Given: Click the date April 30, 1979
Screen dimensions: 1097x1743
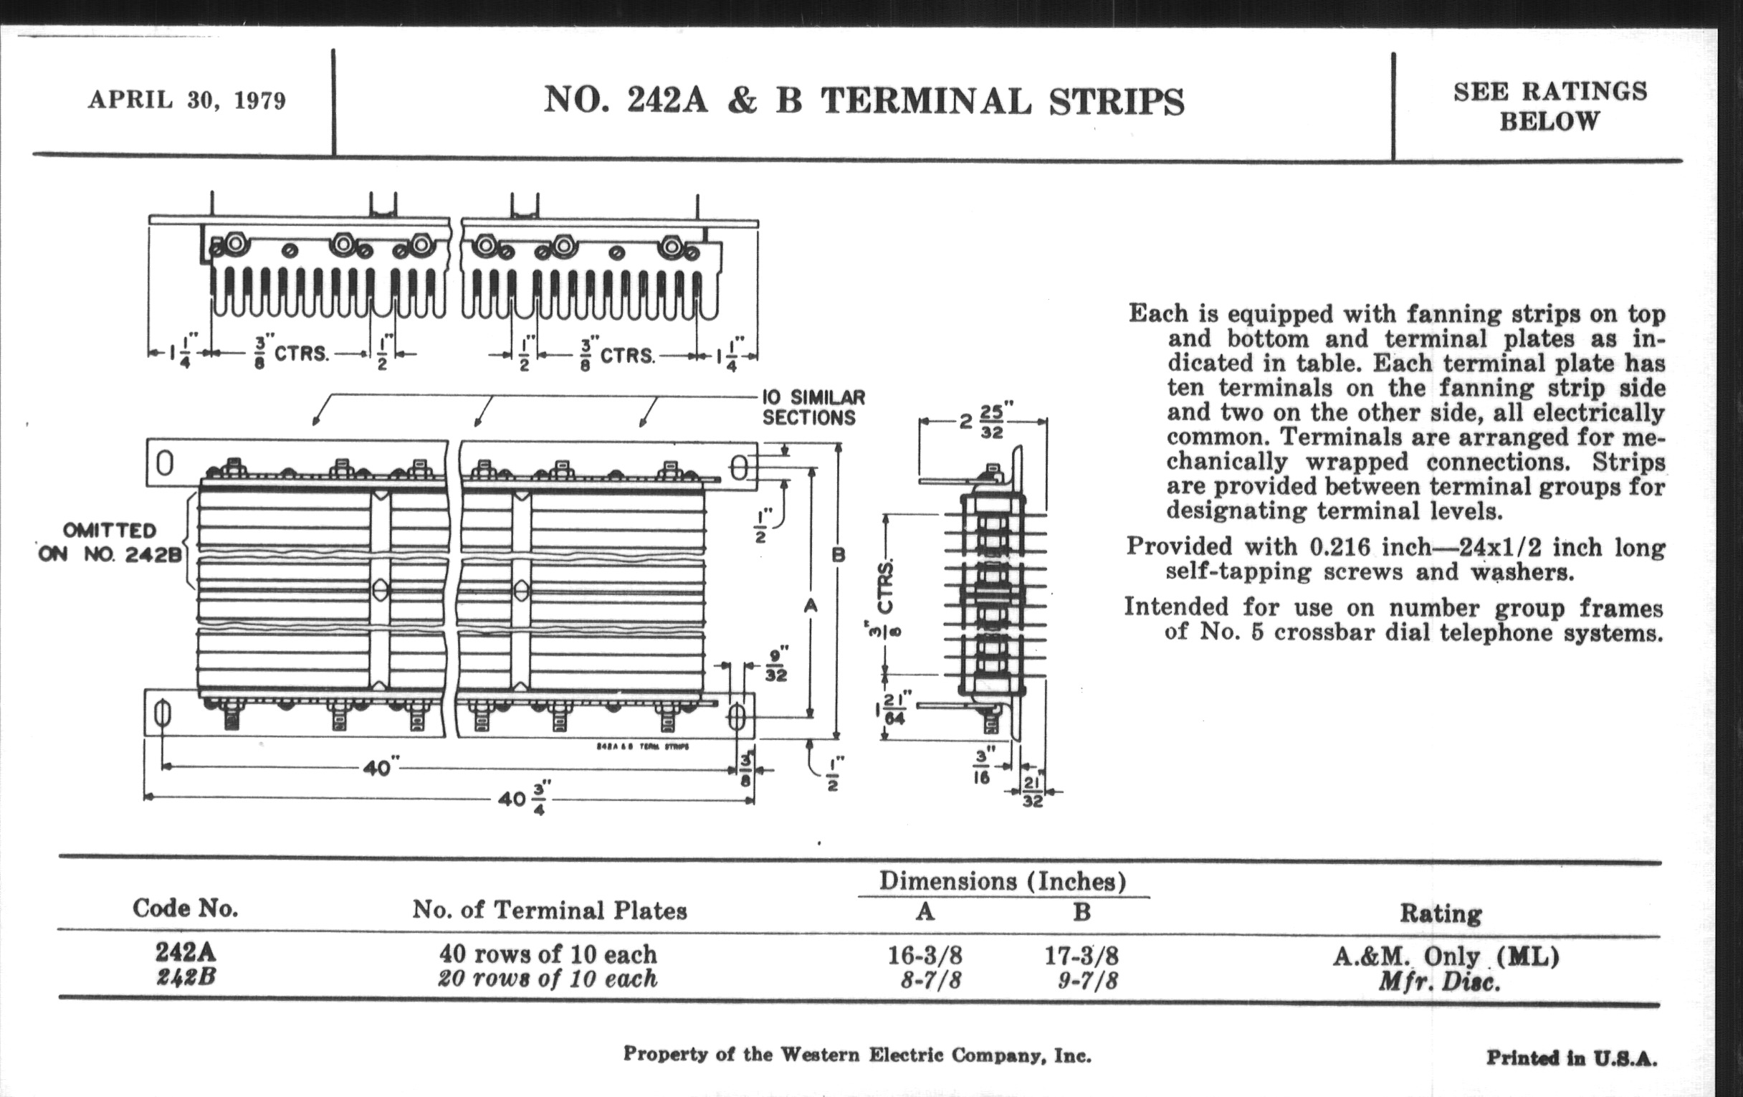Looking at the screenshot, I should point(187,100).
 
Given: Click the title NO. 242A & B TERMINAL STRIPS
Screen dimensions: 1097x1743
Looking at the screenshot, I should point(864,101).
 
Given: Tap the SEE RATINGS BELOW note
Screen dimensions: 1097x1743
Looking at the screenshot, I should point(1549,105).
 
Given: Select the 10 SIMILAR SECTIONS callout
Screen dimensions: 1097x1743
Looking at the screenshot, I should point(813,408).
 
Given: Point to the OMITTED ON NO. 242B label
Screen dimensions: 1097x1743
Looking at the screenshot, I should point(110,542).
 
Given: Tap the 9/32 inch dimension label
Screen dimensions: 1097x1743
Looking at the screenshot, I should point(775,665).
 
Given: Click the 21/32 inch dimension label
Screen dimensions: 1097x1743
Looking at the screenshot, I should point(1032,792).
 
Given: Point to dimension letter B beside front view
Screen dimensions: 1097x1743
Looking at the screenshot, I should point(839,556).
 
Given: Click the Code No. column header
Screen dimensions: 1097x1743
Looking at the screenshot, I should point(186,908).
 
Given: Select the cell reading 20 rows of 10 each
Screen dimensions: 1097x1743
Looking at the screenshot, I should point(548,979).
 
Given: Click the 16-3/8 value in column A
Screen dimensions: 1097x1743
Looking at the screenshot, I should point(925,956).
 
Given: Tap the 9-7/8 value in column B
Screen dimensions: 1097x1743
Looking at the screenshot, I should point(1087,981).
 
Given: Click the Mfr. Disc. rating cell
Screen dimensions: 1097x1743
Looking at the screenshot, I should point(1439,982).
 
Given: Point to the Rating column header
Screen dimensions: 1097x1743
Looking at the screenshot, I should point(1441,913).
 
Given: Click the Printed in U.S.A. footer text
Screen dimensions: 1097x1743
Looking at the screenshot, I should point(1571,1058).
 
